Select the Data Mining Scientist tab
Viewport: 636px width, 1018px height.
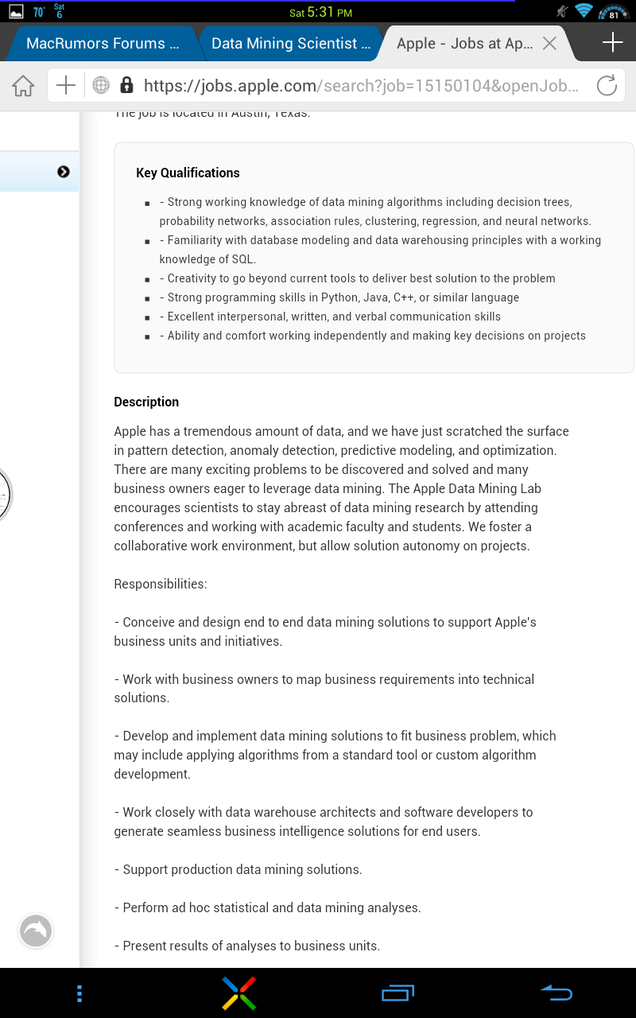pyautogui.click(x=291, y=44)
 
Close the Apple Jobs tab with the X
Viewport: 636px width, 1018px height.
pyautogui.click(x=549, y=44)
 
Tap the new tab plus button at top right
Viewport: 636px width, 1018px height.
pyautogui.click(x=612, y=43)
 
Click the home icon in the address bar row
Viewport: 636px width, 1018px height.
pyautogui.click(x=23, y=86)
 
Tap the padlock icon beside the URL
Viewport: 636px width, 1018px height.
pyautogui.click(x=126, y=86)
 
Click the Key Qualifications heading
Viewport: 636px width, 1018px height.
pyautogui.click(x=188, y=173)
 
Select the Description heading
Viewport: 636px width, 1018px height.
pyautogui.click(x=146, y=402)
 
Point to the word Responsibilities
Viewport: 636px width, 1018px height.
pyautogui.click(x=160, y=584)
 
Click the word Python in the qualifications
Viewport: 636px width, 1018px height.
pyautogui.click(x=339, y=297)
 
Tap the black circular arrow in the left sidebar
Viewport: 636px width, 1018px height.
pyautogui.click(x=64, y=172)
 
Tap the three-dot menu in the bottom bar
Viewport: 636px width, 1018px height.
pyautogui.click(x=79, y=993)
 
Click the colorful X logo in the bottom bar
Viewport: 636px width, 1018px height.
pyautogui.click(x=238, y=993)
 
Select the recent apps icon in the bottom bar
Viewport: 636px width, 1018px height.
pyautogui.click(x=397, y=993)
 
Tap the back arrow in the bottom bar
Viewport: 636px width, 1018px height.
pyautogui.click(x=556, y=993)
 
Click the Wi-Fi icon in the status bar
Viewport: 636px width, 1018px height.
pyautogui.click(x=584, y=11)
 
